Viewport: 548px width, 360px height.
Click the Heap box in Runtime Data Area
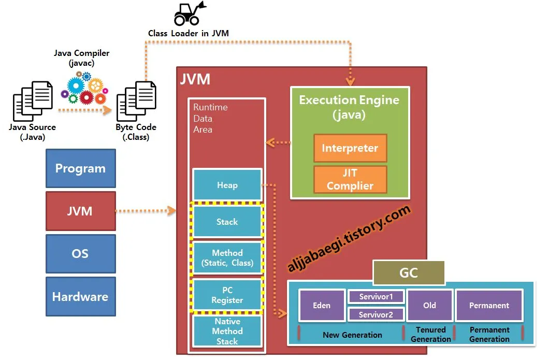pos(227,185)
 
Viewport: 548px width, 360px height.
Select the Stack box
pos(227,222)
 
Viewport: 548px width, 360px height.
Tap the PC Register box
pos(227,295)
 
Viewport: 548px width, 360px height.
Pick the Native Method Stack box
pos(227,331)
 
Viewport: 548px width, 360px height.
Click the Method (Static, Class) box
pos(227,258)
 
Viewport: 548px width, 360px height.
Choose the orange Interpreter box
pos(350,148)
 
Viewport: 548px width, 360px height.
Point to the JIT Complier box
pos(350,179)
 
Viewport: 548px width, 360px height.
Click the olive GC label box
pos(409,273)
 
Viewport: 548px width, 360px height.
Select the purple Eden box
pos(322,305)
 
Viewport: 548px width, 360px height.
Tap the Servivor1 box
pos(376,297)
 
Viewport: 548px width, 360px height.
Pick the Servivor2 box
pos(376,314)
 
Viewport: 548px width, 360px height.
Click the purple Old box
pos(429,305)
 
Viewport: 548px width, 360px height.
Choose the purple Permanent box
pos(489,305)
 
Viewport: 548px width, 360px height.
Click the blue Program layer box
pos(80,168)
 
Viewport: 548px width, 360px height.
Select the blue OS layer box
pos(80,254)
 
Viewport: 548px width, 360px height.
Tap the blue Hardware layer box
pos(80,297)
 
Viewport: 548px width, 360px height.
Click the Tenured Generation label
pos(430,334)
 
